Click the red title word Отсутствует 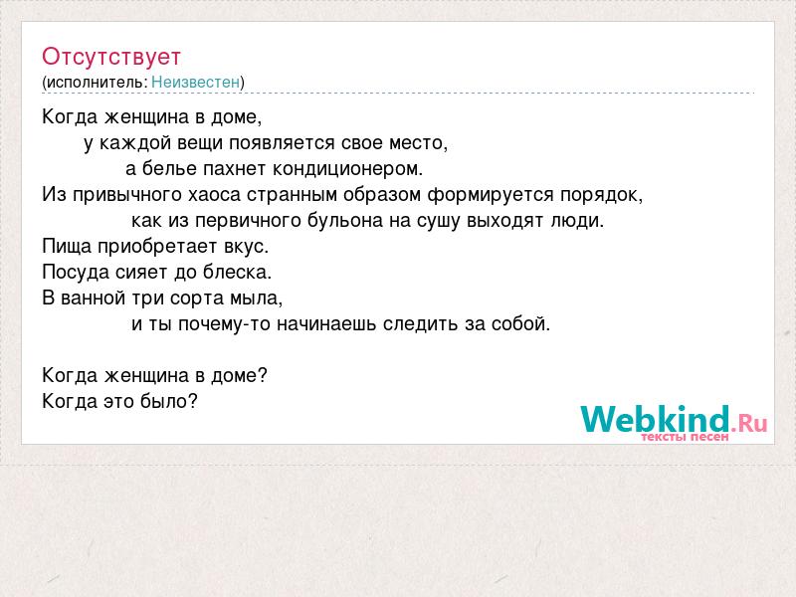click(x=111, y=57)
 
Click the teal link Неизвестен click(x=195, y=82)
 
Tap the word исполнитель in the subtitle click(x=96, y=83)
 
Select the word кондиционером click(x=347, y=168)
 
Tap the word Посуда click(x=76, y=273)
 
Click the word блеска click(x=237, y=272)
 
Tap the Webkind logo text click(x=655, y=419)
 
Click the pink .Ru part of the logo click(x=749, y=422)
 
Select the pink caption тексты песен click(x=685, y=437)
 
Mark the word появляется click(x=282, y=143)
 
